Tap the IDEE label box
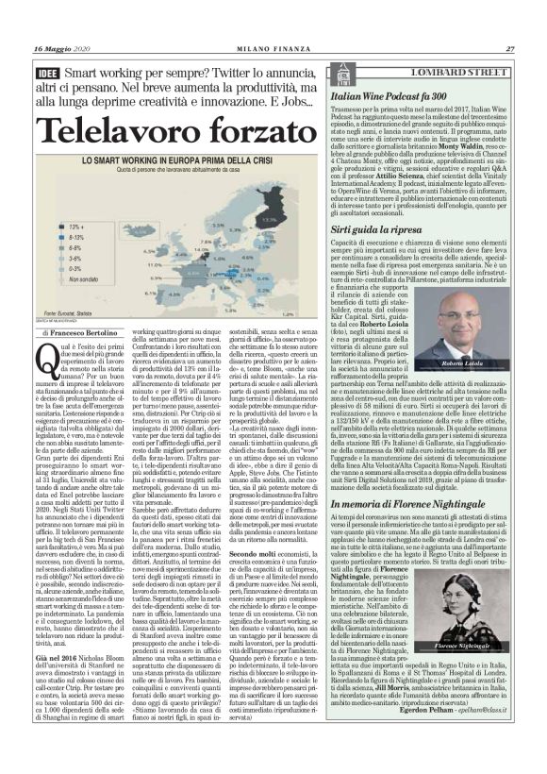tap(45, 74)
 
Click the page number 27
tap(508, 49)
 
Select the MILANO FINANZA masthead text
tap(273, 49)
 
